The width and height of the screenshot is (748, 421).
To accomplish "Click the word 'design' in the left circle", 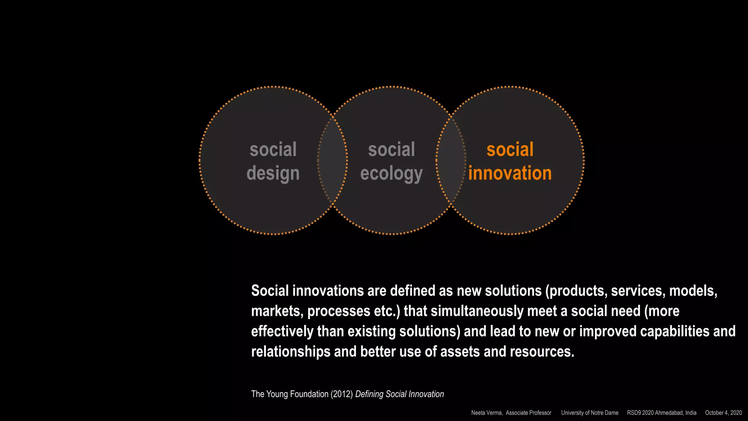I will click(273, 173).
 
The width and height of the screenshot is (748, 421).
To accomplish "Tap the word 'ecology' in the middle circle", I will click(391, 173).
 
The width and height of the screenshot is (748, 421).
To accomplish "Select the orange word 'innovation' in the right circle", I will click(510, 173).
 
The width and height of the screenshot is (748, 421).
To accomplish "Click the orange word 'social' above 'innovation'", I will click(510, 149).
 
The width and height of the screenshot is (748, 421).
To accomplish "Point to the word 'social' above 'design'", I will click(273, 149).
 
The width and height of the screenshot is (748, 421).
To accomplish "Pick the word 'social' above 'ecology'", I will click(391, 149).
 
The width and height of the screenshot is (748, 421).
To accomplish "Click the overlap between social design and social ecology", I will click(332, 160).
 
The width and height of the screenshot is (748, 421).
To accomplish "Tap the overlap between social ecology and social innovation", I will click(451, 160).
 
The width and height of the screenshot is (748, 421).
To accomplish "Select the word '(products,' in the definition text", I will click(576, 291).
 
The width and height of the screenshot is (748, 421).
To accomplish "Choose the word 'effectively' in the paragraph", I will click(282, 331).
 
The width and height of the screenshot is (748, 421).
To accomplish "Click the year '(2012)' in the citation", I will click(342, 394).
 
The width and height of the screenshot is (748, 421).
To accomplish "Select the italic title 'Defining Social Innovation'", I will click(400, 394).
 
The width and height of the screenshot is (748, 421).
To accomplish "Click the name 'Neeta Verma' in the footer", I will click(486, 413).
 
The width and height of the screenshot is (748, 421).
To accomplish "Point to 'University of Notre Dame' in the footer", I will click(589, 413).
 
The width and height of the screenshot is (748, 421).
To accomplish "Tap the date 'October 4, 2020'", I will click(723, 413).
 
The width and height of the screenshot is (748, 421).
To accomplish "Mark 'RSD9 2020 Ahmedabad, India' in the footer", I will click(661, 413).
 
